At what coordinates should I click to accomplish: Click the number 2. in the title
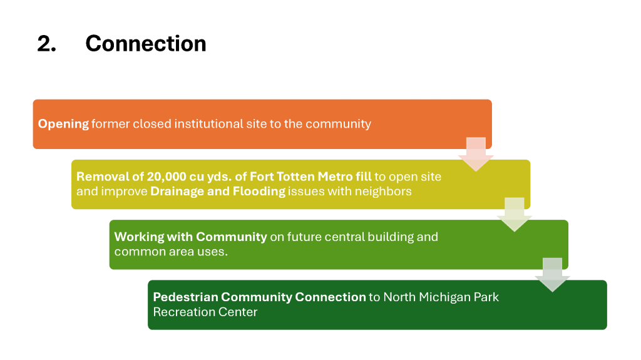click(x=46, y=43)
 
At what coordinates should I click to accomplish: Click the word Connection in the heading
click(x=146, y=43)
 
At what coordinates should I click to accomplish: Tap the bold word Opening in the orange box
click(x=63, y=124)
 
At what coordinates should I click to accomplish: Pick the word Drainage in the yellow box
click(x=177, y=192)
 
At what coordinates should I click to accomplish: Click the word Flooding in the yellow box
click(x=259, y=192)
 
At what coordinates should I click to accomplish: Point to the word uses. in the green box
click(x=213, y=252)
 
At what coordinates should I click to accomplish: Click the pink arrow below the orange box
click(x=476, y=154)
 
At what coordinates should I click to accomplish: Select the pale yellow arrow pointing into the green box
click(x=515, y=215)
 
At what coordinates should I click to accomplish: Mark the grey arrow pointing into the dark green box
click(x=552, y=275)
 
